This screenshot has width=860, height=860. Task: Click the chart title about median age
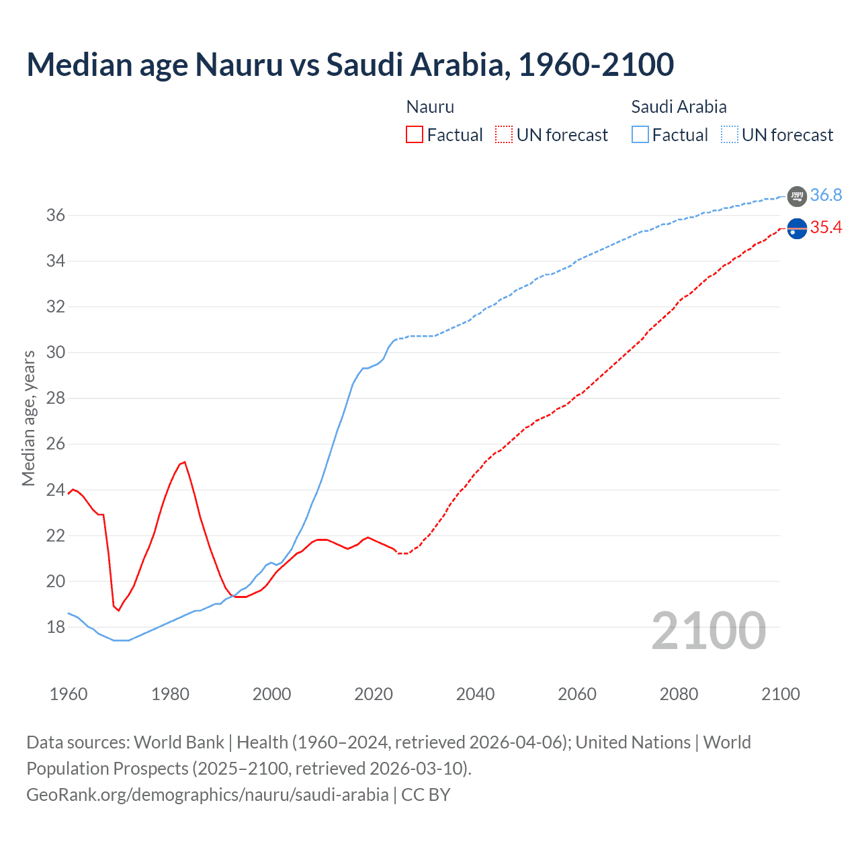click(x=350, y=64)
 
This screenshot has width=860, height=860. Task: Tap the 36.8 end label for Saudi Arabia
click(x=826, y=195)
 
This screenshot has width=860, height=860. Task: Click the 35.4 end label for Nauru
click(x=826, y=228)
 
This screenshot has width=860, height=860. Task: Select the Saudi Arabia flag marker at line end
click(x=797, y=196)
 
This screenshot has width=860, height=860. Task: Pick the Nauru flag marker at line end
click(x=797, y=229)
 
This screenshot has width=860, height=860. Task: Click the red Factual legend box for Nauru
click(x=415, y=134)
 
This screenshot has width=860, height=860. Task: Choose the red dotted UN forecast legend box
click(x=504, y=134)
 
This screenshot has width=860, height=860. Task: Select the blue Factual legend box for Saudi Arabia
click(x=640, y=134)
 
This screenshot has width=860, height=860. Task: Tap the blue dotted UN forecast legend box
click(x=729, y=134)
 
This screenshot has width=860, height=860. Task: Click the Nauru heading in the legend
click(x=430, y=107)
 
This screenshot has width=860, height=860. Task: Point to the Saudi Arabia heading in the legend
click(x=679, y=107)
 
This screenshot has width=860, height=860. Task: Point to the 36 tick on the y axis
click(x=55, y=216)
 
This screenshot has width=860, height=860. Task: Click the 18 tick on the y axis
click(x=55, y=628)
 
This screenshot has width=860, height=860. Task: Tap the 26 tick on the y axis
click(x=55, y=444)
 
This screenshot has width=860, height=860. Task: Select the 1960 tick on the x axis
click(x=69, y=694)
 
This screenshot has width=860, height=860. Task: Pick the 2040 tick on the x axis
click(x=475, y=694)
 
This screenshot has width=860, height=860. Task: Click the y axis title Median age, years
click(x=28, y=418)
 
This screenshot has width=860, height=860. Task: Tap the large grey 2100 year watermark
click(x=708, y=630)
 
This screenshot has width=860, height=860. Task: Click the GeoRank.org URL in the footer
click(x=207, y=795)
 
